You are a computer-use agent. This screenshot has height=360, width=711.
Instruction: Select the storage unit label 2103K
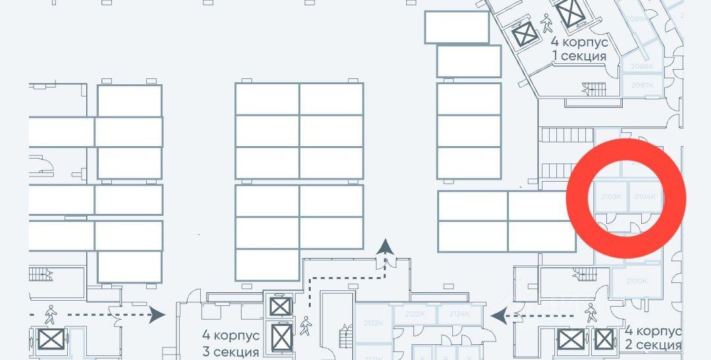click(612, 197)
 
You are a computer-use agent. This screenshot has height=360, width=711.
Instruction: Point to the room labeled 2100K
click(637, 282)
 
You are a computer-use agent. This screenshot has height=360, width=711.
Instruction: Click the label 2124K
click(460, 315)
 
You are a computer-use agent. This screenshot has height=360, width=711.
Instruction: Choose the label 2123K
click(415, 315)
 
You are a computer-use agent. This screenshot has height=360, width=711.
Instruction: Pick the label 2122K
click(373, 322)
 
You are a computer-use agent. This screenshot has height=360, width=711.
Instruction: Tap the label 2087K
click(642, 86)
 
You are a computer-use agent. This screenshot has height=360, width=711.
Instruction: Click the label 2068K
click(642, 66)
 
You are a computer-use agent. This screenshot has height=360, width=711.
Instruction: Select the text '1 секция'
click(579, 56)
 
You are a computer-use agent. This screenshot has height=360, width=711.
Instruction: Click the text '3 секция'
click(230, 351)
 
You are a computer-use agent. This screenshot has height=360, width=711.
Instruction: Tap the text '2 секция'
click(653, 345)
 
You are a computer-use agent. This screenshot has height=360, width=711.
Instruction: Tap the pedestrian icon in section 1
click(546, 23)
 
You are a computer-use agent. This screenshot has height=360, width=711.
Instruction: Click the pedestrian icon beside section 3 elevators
click(305, 326)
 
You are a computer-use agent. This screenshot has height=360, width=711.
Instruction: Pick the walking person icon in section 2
click(590, 311)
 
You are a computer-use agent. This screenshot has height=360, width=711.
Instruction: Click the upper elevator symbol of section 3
click(280, 307)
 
